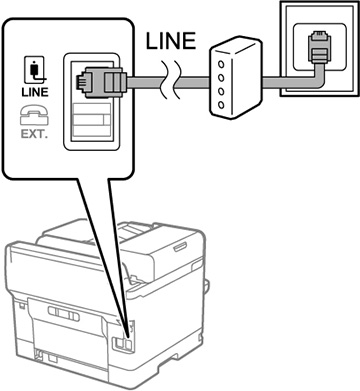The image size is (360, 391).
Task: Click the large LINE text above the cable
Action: coord(171,41)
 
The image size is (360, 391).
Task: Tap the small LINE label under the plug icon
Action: coord(35,92)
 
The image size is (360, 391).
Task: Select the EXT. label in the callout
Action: coord(34,134)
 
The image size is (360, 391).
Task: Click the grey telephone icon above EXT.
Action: coord(34,115)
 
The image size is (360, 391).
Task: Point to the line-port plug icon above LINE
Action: coord(34,70)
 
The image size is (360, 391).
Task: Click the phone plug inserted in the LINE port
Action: coord(101,82)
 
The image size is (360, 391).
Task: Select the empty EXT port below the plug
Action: coord(91,119)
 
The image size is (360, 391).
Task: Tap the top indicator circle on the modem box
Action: coord(221,64)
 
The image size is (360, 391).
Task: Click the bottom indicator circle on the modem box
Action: coord(221,105)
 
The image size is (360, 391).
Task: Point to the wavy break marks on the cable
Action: coord(170,80)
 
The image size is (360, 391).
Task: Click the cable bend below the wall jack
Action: coord(317,79)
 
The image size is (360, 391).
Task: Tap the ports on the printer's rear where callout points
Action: coord(122,342)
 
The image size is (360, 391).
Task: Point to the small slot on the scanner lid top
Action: coord(180,247)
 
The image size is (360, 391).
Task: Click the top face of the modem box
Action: coord(236,46)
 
